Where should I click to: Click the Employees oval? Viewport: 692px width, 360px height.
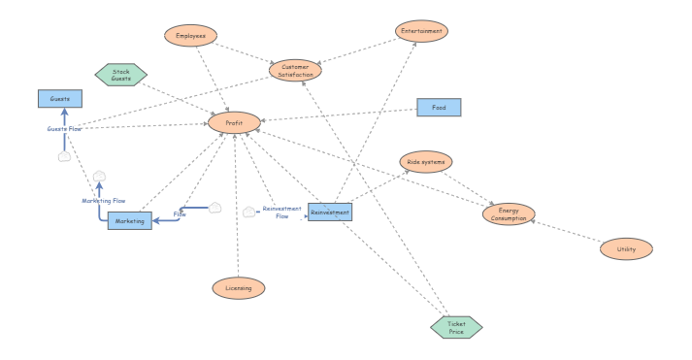point(189,35)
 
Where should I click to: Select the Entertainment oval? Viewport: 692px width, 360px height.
point(422,32)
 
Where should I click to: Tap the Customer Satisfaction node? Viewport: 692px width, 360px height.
point(295,69)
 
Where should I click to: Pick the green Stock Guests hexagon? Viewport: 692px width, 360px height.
point(121,75)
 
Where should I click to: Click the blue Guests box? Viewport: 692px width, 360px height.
point(60,98)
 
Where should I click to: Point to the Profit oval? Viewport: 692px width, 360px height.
point(234,123)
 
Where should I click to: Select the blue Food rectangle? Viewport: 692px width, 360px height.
point(439,108)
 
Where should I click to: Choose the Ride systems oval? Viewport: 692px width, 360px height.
point(426,161)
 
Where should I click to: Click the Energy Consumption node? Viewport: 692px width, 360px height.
point(509,214)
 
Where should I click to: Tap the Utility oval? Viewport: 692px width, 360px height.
point(626,249)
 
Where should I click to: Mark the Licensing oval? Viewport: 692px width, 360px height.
point(238,287)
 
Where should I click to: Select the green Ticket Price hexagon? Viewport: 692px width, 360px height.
point(456,327)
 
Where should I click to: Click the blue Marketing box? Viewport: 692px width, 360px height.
point(130,221)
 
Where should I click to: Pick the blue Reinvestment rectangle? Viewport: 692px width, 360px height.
point(330,212)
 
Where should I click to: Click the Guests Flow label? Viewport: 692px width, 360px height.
point(64,128)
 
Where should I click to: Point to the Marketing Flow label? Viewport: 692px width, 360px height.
point(103,201)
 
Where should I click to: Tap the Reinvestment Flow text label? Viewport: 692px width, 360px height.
point(282,213)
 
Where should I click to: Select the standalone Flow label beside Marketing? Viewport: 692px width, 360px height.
point(180,213)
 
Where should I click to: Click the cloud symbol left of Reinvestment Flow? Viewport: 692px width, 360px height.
point(249,212)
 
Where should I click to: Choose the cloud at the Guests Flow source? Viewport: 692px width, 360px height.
point(64,155)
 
